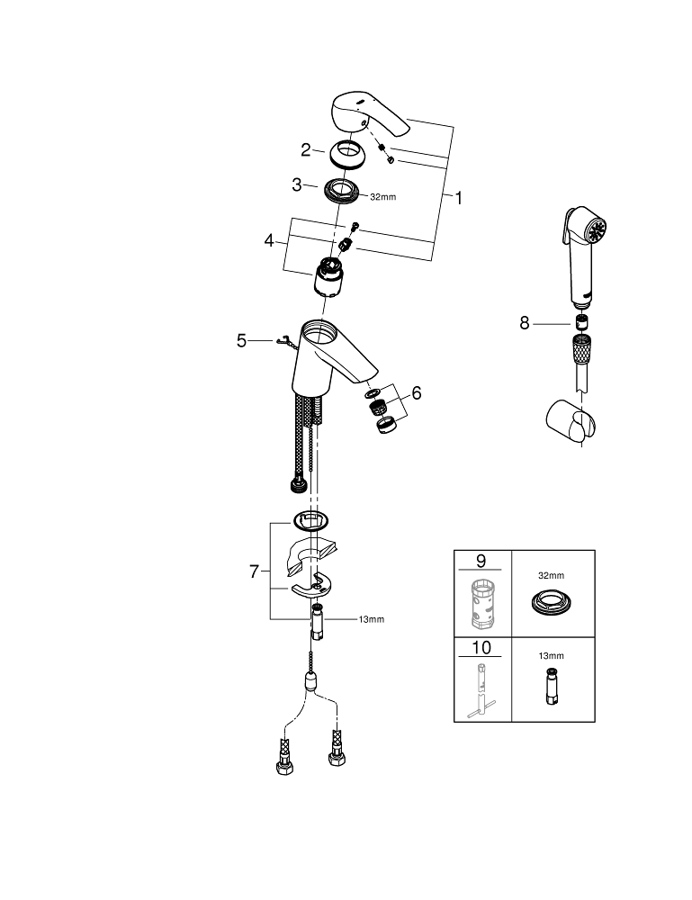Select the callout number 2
click(x=307, y=150)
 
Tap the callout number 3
click(x=296, y=186)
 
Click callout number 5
click(x=241, y=340)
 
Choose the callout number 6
click(x=416, y=393)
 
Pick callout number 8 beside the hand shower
click(x=525, y=323)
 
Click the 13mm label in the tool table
click(x=552, y=656)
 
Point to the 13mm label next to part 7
click(x=372, y=619)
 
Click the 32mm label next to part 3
click(x=382, y=196)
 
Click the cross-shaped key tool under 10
click(x=481, y=691)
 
